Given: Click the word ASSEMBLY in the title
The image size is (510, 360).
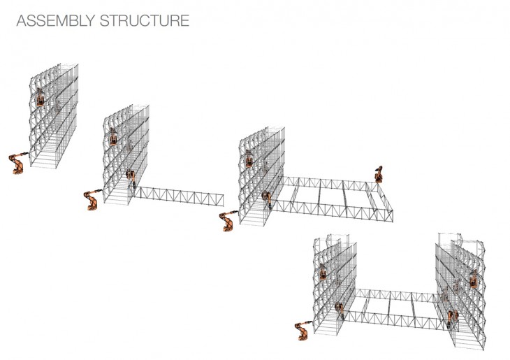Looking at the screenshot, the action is click(x=56, y=20).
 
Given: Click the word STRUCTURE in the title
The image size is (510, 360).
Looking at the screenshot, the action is click(x=145, y=20).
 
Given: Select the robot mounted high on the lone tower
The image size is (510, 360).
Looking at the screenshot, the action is click(x=40, y=97).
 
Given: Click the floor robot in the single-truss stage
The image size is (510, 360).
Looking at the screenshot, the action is click(x=92, y=199).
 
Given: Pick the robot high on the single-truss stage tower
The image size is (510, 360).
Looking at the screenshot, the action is click(x=113, y=137).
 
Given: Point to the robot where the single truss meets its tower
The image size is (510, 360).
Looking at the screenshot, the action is click(x=131, y=178).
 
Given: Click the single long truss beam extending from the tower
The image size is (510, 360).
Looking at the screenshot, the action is click(x=179, y=196).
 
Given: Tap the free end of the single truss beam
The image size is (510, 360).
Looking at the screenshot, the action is click(x=224, y=201).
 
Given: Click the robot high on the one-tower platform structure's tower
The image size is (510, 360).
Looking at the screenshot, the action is click(x=249, y=159).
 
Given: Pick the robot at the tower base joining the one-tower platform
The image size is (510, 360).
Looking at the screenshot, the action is click(x=267, y=199).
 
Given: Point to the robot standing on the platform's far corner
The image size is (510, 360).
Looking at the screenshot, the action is click(x=379, y=175).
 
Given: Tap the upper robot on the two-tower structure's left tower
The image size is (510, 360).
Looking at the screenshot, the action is click(x=323, y=272).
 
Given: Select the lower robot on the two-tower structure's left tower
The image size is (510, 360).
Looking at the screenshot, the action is click(x=340, y=310).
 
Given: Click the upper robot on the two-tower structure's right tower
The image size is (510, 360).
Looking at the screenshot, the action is click(x=474, y=279).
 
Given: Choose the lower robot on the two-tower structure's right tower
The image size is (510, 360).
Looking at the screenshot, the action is click(x=452, y=318).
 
